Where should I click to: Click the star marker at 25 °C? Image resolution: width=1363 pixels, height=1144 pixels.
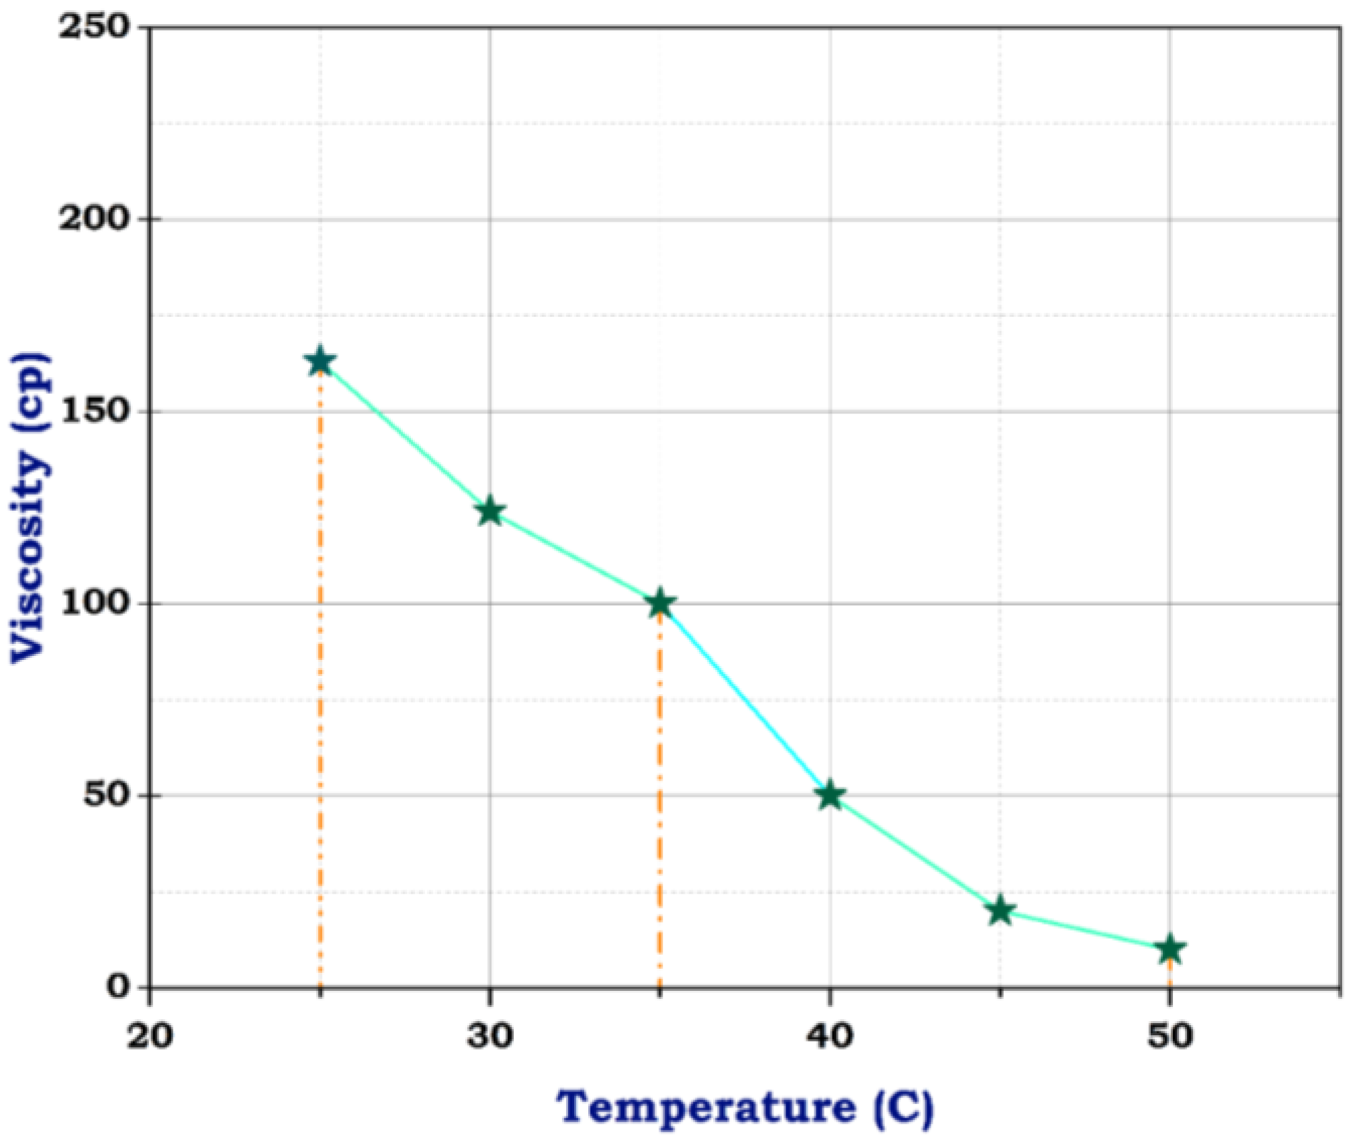click(320, 361)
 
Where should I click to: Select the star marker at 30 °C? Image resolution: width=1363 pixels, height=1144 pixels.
click(490, 512)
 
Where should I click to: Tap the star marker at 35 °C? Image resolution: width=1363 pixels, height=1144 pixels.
click(660, 604)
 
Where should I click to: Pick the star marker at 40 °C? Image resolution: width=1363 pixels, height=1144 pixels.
click(831, 796)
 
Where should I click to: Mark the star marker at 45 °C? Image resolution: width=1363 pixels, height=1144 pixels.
click(1000, 910)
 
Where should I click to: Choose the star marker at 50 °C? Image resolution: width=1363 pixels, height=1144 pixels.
click(1170, 949)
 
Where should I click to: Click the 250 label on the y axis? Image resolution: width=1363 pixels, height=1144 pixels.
click(93, 28)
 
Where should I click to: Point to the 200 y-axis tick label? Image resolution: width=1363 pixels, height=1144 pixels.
click(93, 220)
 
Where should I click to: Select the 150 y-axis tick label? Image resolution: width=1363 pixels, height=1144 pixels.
click(93, 412)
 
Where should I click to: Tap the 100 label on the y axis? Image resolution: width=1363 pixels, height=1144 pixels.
click(93, 604)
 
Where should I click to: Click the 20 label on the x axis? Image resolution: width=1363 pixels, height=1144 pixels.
click(150, 1037)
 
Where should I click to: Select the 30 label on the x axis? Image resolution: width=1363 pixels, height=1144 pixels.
click(490, 1037)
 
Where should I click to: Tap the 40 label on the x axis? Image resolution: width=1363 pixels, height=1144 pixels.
click(831, 1037)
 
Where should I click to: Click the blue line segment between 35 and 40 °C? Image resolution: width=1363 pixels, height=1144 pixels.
click(745, 700)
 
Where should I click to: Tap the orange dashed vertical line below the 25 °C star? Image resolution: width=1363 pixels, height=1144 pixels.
click(320, 671)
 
